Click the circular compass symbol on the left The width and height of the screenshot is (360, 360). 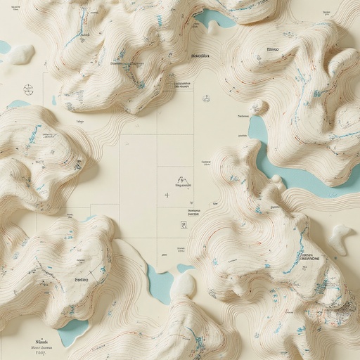(x=28, y=89)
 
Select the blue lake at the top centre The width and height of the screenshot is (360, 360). (x=214, y=18)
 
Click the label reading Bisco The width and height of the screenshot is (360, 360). (x=273, y=51)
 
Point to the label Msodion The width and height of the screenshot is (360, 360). (x=200, y=55)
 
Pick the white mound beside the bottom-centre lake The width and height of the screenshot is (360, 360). (x=184, y=285)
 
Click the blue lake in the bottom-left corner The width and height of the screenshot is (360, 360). (x=72, y=331)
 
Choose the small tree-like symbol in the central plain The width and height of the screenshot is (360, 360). (x=181, y=180)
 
